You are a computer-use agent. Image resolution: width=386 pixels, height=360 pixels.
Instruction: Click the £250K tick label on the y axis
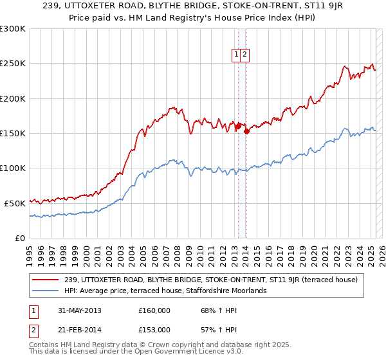click(x=12, y=64)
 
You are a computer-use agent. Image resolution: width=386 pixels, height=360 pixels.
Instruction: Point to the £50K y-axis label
click(x=14, y=203)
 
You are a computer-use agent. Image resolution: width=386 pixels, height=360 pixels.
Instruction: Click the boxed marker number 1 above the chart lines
click(x=237, y=55)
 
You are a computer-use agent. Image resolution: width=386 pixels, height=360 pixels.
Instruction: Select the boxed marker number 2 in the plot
click(x=245, y=55)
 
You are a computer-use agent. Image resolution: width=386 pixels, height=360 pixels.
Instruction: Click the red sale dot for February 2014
click(x=247, y=131)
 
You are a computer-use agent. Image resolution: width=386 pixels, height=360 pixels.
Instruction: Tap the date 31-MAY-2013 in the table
click(x=80, y=310)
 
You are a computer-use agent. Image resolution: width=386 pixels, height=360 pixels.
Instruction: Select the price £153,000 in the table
click(x=154, y=330)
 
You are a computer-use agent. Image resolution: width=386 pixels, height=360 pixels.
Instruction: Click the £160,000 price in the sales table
click(x=154, y=310)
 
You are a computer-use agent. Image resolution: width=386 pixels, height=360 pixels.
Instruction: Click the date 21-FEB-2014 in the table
click(x=80, y=330)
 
